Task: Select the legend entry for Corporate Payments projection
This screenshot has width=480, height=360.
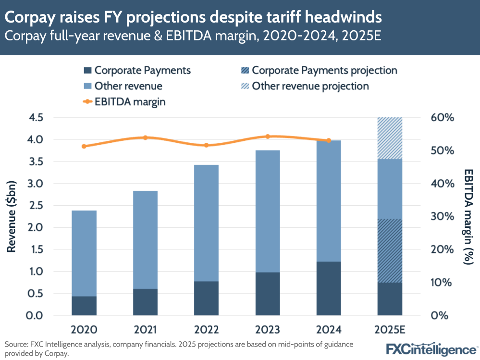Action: pyautogui.click(x=324, y=70)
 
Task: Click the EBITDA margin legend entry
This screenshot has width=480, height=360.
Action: pyautogui.click(x=130, y=101)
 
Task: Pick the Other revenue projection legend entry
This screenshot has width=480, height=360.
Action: pyautogui.click(x=310, y=86)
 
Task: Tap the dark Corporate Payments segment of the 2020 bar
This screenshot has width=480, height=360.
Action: pyautogui.click(x=84, y=306)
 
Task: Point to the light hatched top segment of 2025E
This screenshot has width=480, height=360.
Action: pyautogui.click(x=390, y=138)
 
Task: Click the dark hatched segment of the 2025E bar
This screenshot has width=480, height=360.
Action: pyautogui.click(x=390, y=250)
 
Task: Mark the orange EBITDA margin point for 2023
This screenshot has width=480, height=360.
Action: pyautogui.click(x=268, y=137)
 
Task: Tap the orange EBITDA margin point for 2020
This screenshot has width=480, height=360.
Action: pyautogui.click(x=84, y=146)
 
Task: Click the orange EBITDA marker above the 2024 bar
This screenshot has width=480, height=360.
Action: pyautogui.click(x=329, y=140)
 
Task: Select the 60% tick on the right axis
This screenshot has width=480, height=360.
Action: pyautogui.click(x=442, y=118)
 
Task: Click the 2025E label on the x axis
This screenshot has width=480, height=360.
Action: pyautogui.click(x=390, y=330)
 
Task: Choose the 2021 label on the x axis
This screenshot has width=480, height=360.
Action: pyautogui.click(x=145, y=330)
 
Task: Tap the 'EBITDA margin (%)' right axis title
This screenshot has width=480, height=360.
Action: pyautogui.click(x=468, y=216)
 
